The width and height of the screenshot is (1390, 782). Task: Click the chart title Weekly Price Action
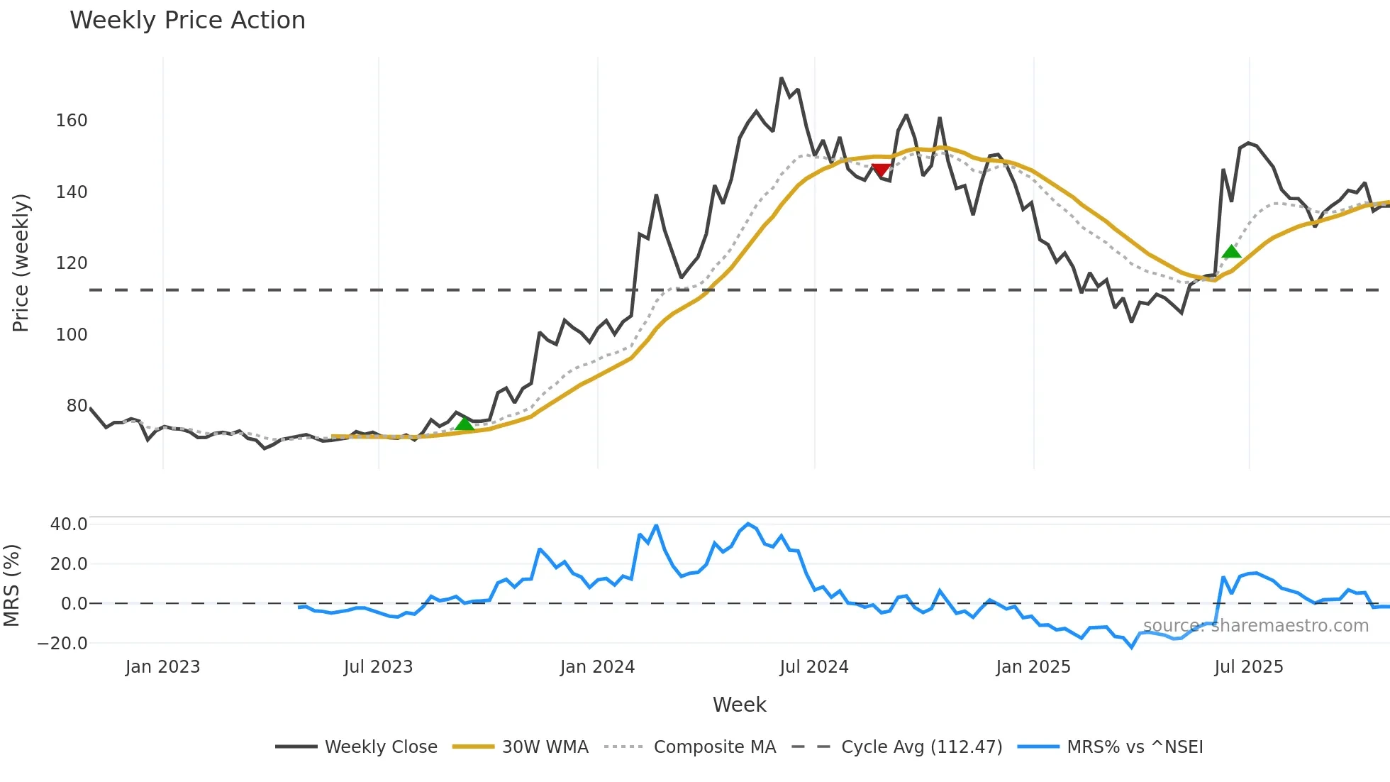coord(187,21)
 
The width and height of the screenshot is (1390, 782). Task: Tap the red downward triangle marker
coord(880,170)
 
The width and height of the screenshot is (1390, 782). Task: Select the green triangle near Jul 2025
coord(1231,251)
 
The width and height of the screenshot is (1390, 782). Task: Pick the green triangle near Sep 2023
coord(464,424)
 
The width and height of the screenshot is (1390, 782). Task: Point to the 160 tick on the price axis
coord(72,121)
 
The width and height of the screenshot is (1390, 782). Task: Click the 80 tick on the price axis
coord(77,406)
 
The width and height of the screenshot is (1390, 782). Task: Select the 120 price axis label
coord(72,263)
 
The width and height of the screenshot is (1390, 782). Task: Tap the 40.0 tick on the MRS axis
coord(69,524)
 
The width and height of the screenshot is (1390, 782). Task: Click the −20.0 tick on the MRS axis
coord(62,644)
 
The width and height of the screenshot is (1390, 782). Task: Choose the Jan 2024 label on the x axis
coord(597,667)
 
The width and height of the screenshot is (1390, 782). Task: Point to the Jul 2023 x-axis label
coord(378,667)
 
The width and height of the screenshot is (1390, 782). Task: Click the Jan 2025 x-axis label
coord(1033,667)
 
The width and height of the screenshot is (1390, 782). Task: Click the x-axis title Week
coord(739,705)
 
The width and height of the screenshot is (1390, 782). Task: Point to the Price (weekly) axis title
coord(21,263)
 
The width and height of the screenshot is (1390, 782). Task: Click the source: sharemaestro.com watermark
coord(1255,626)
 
